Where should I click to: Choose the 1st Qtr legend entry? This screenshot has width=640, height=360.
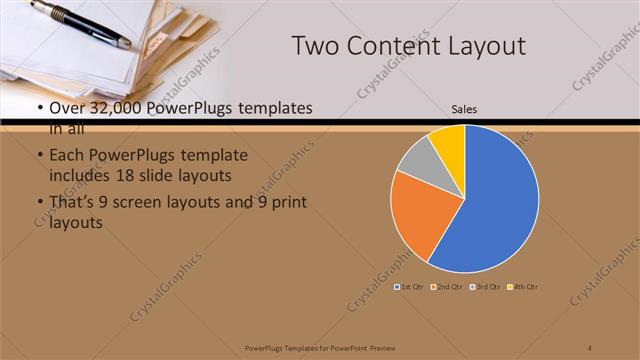click(408, 287)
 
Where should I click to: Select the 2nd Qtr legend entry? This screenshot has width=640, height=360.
click(445, 287)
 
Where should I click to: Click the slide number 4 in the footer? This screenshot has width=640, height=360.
click(590, 348)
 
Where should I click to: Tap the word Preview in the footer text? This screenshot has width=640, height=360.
click(377, 348)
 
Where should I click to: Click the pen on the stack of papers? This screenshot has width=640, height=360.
click(80, 23)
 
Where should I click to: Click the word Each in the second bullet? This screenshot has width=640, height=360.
click(66, 156)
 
